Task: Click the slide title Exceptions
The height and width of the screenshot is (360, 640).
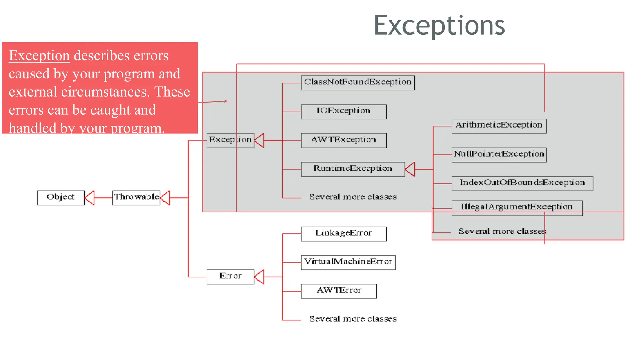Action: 439,25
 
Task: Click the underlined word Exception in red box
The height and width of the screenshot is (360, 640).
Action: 39,56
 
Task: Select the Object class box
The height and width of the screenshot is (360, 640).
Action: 61,197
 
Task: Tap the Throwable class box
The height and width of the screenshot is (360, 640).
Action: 136,197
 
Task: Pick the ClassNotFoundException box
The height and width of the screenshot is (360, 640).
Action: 357,82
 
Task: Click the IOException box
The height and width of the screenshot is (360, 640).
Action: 343,112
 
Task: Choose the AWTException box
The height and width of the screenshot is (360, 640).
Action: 343,140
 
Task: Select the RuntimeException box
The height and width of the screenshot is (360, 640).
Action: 352,169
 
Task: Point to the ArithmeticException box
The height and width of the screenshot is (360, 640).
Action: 499,126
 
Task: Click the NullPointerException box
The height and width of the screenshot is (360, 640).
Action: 499,155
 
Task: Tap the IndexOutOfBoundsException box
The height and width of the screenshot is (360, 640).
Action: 522,183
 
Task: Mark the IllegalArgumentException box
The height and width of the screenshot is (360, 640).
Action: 517,208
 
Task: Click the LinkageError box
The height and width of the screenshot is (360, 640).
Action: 343,234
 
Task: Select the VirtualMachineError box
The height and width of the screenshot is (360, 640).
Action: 348,262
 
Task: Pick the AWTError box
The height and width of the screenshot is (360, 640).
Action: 338,291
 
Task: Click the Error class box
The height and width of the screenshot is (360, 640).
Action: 230,277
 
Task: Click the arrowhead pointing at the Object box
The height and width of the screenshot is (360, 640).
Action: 90,198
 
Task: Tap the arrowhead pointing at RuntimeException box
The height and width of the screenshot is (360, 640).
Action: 410,169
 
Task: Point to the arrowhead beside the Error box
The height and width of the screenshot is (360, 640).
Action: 259,277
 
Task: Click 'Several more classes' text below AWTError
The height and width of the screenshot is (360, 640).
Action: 352,319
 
